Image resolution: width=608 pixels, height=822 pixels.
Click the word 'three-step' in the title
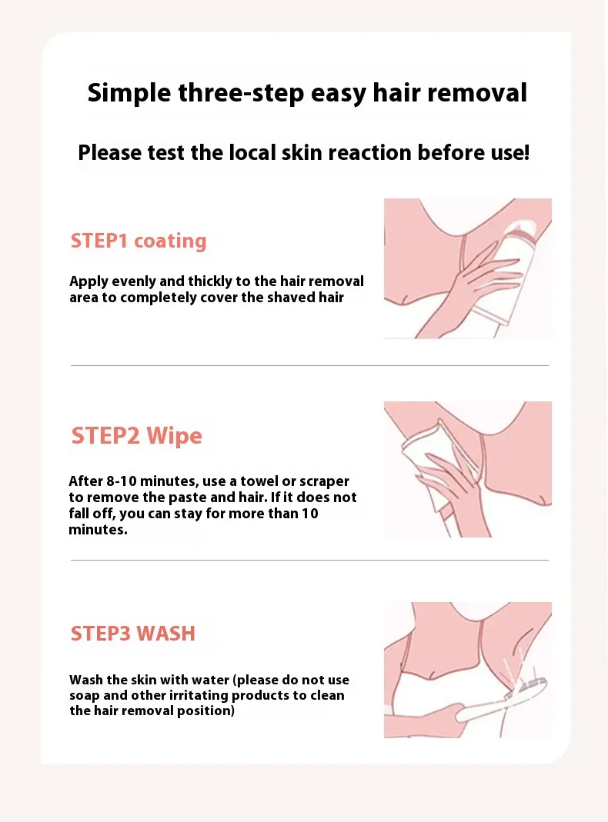click(241, 93)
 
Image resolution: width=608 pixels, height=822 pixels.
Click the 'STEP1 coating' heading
click(139, 241)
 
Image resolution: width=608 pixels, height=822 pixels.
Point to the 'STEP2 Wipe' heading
click(136, 436)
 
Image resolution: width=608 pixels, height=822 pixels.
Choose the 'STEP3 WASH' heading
click(132, 634)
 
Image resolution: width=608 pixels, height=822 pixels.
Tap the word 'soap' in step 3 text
click(85, 696)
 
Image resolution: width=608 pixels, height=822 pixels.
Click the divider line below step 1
click(309, 365)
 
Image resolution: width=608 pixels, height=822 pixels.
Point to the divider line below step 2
click(309, 560)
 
